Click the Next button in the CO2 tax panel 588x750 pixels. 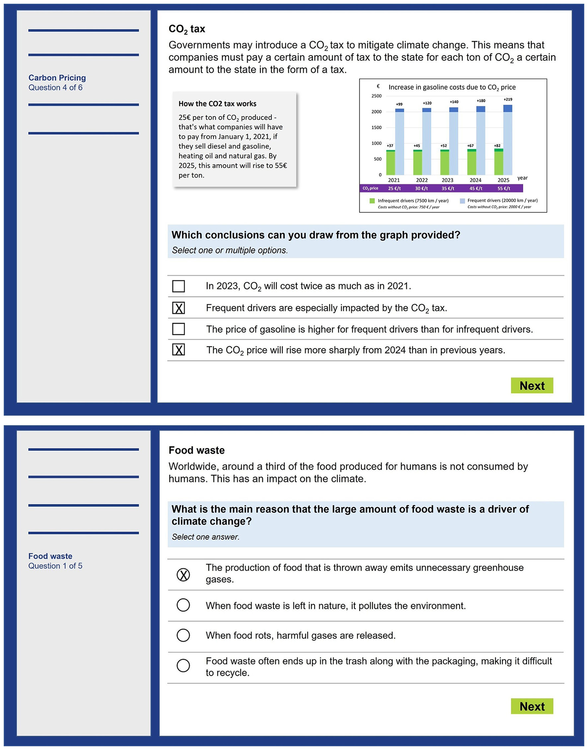532,385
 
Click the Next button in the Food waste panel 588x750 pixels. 532,706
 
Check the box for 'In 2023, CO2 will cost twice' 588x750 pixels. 178,286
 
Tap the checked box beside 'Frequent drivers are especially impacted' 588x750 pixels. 178,308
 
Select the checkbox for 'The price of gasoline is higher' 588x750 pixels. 178,329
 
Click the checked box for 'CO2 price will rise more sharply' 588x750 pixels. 178,350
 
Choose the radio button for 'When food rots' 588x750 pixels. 183,635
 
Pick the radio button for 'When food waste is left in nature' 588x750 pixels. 183,605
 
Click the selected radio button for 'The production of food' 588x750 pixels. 183,575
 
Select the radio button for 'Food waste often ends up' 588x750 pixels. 183,666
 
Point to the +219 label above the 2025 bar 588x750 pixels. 508,100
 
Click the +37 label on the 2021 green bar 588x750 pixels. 390,146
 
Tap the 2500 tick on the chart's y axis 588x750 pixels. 376,96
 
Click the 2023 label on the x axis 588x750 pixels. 447,180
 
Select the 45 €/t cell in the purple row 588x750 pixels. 476,188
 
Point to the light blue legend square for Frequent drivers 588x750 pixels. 462,201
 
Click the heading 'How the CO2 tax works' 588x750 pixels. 217,104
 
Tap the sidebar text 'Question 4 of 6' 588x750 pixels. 55,87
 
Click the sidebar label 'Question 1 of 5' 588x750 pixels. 55,566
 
